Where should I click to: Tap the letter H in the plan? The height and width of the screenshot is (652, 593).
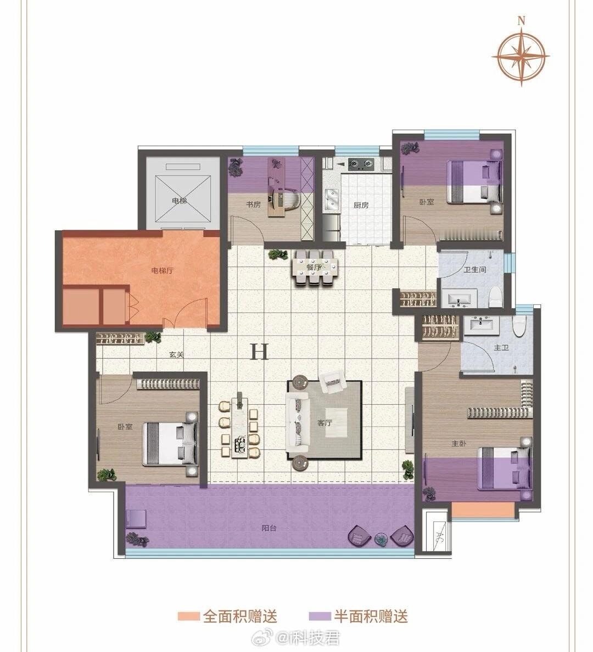coord(259,351)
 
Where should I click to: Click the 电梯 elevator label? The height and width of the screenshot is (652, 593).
coord(180,201)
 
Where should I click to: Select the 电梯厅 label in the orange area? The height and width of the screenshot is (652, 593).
coord(162,271)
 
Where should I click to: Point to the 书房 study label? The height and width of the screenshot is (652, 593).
coord(253,205)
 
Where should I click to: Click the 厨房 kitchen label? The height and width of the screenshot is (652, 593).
coord(361,205)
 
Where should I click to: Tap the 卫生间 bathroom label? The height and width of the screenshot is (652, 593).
coord(475,269)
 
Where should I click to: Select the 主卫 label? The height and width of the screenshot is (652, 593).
coord(501,347)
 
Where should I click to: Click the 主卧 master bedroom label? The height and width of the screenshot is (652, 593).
coord(459,444)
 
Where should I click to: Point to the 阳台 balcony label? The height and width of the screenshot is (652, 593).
coord(269,529)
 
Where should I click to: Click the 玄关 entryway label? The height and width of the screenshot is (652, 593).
coord(177,355)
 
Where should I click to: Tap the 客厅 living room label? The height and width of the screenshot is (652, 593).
coord(325,423)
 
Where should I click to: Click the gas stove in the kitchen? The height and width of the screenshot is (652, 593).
coord(361,165)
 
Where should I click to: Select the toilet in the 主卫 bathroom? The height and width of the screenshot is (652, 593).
coord(520,326)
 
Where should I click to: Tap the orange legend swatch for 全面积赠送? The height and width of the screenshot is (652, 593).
coord(189,616)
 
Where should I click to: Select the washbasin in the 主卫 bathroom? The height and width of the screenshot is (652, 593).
coord(481,325)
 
